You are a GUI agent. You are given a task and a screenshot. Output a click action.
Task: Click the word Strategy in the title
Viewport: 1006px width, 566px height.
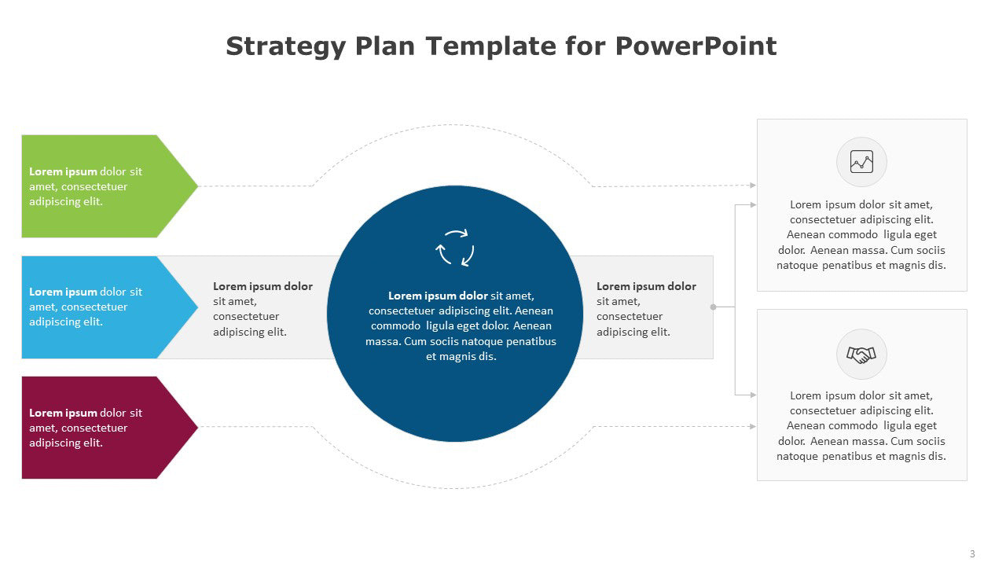point(285,46)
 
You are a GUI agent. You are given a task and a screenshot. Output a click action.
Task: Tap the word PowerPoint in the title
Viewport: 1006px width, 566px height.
point(696,46)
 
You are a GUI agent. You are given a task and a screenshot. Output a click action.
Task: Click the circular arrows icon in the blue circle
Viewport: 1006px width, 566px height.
point(455,248)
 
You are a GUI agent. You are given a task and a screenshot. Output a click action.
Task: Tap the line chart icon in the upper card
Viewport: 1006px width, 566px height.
point(861,162)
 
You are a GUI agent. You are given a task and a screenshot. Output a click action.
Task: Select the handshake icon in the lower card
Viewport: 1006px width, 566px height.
point(861,355)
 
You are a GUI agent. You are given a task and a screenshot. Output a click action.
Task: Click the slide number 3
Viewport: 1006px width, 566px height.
point(972,554)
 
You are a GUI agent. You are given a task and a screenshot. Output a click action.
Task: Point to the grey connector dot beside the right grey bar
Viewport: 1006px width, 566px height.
point(713,307)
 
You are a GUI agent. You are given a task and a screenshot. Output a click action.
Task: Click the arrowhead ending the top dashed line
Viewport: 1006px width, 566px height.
point(753,185)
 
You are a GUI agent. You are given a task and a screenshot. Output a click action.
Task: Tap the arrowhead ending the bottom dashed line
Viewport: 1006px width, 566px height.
point(753,426)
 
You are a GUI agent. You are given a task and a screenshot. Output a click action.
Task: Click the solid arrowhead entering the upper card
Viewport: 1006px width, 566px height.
point(753,205)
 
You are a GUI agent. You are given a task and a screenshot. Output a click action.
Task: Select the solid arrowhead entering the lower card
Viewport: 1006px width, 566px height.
point(753,395)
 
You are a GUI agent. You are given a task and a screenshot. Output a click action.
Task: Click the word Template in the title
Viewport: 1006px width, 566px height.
point(491,46)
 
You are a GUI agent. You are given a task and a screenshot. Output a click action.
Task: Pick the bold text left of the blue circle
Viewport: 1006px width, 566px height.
point(263,286)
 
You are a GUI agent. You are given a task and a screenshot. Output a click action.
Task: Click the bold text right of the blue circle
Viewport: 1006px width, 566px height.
point(646,286)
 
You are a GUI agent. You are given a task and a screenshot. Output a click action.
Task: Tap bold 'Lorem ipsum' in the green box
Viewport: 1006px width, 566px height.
point(63,171)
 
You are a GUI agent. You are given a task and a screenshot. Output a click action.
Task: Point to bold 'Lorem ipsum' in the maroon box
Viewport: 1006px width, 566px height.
point(63,413)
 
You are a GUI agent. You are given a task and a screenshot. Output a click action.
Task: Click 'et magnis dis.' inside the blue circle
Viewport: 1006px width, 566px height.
point(461,356)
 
